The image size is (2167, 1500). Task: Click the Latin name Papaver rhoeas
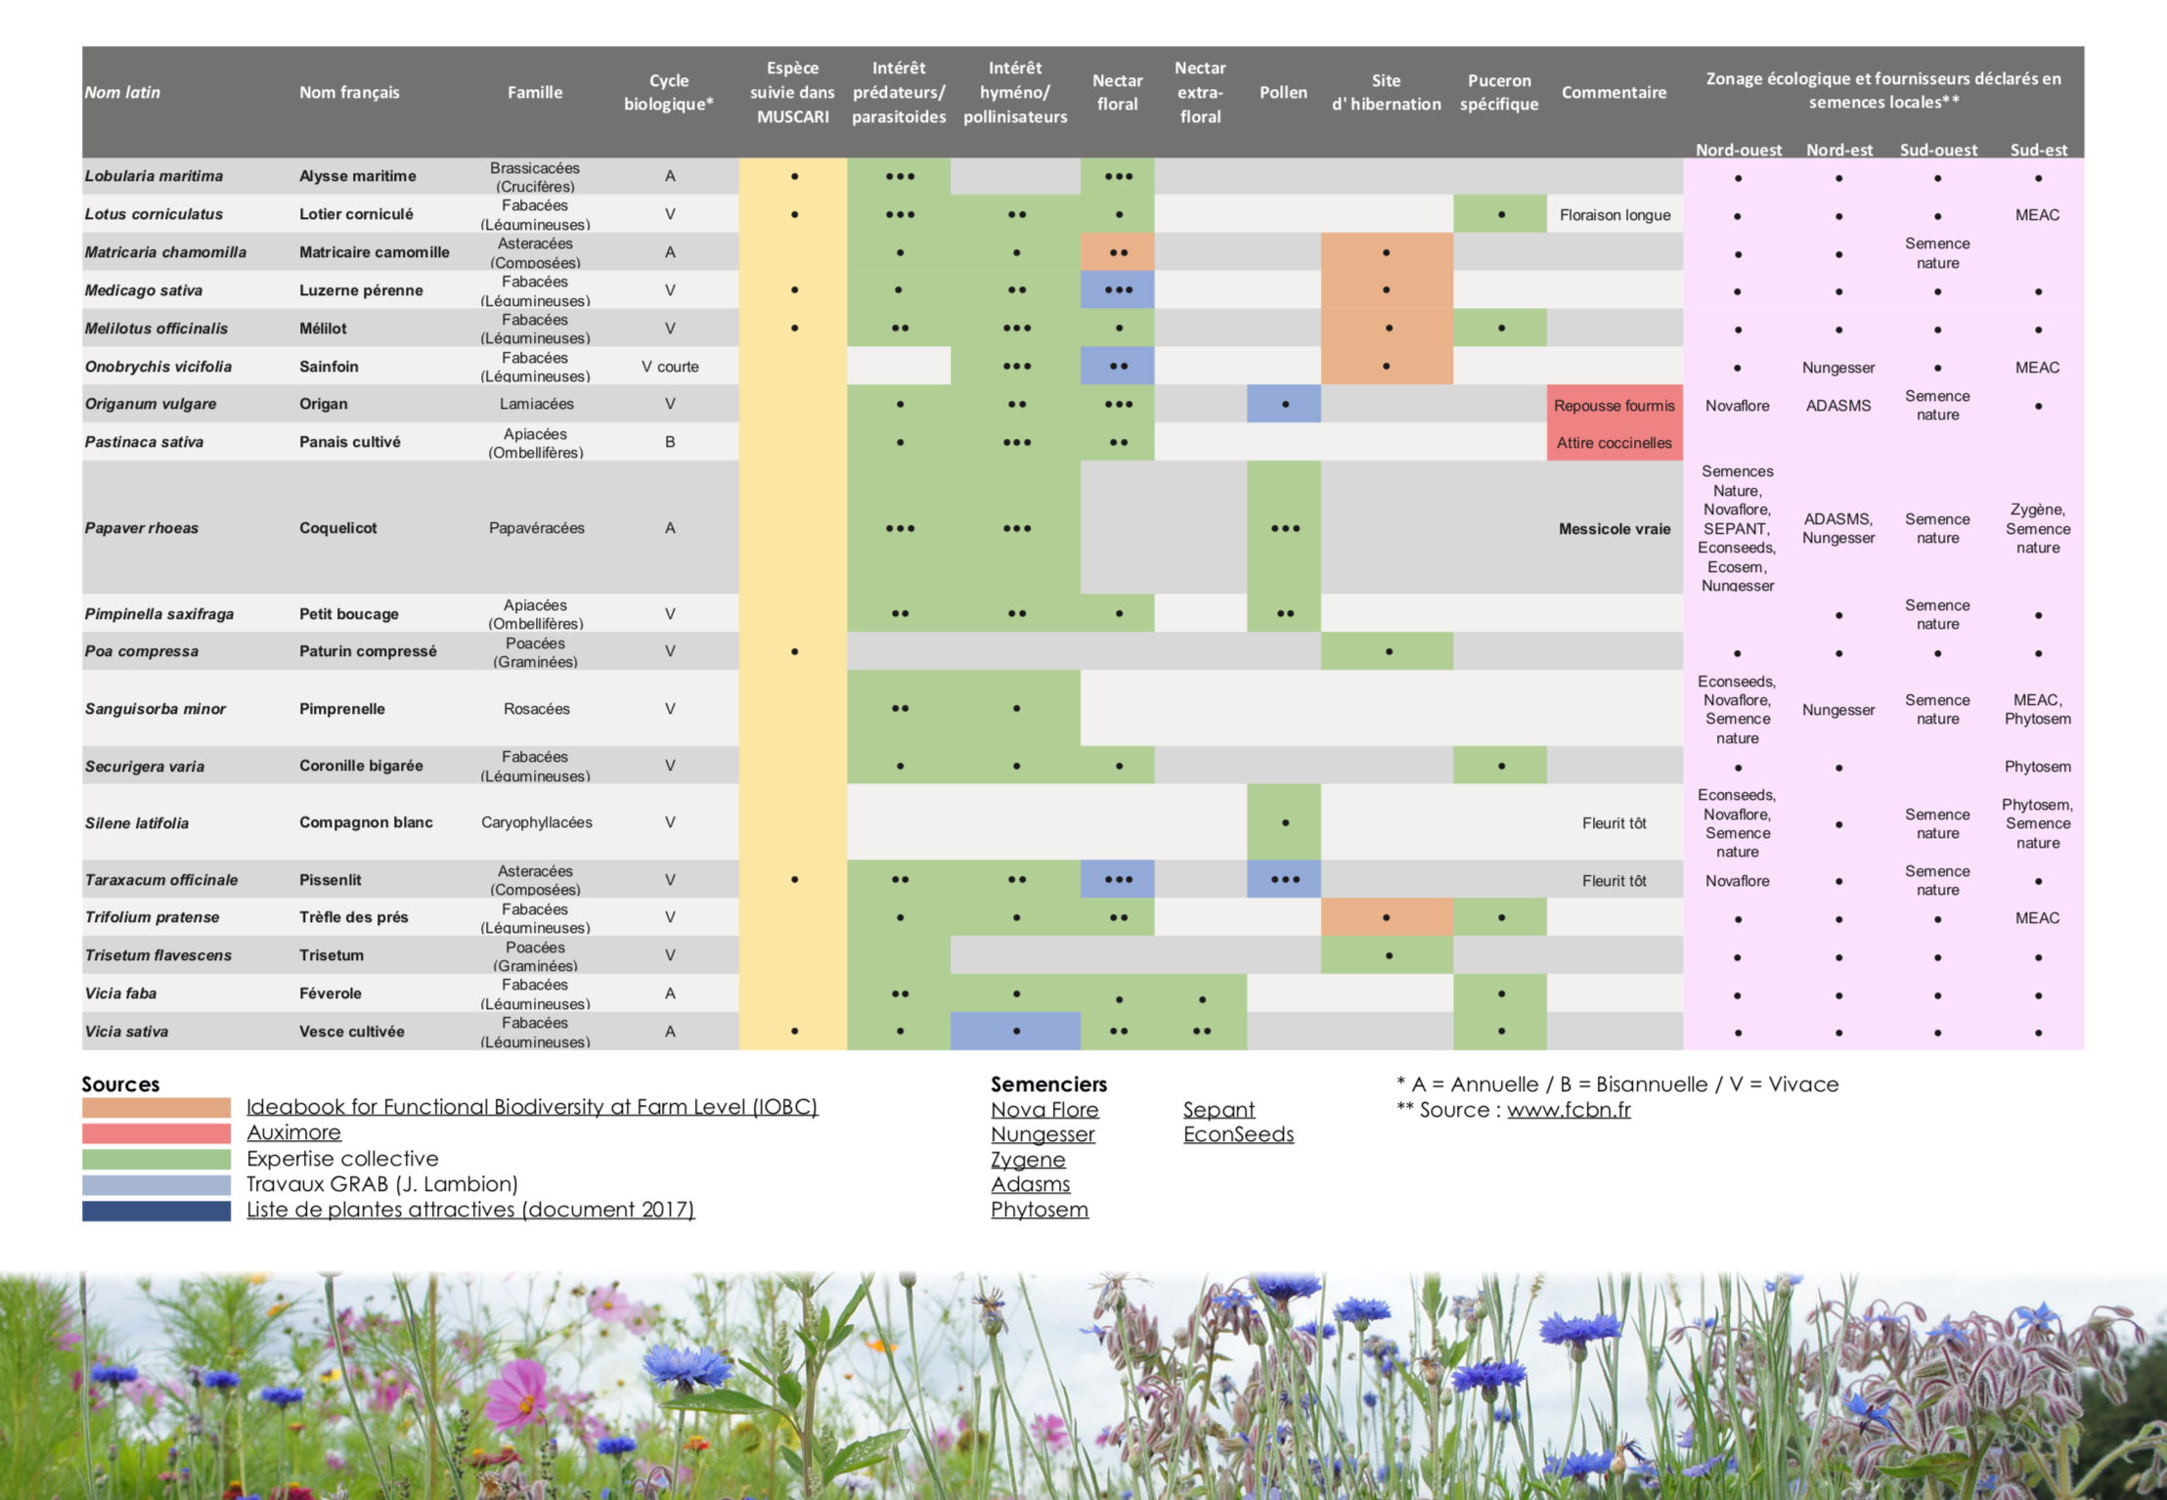coord(142,528)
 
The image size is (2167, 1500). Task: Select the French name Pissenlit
coord(331,880)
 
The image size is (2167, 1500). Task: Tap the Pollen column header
coord(1283,92)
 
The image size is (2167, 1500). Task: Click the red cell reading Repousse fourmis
coord(1614,405)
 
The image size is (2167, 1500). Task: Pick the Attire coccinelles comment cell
coord(1614,443)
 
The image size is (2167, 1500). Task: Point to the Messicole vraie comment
coord(1614,529)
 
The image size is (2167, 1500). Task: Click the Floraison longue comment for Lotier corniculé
coord(1614,215)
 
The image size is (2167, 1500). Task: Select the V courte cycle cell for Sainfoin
coord(670,367)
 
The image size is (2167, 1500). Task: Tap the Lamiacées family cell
coord(536,404)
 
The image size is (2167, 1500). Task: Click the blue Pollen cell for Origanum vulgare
coord(1284,404)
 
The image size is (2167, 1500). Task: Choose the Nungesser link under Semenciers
coord(1042,1134)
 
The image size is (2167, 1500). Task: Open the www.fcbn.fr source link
coord(1569,1110)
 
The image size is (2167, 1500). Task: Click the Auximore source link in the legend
coord(293,1132)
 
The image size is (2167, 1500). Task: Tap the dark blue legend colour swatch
coord(156,1211)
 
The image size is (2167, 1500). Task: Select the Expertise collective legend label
coord(342,1159)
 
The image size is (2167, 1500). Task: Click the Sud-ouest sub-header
coord(1938,150)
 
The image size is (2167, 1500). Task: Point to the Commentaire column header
coord(1614,92)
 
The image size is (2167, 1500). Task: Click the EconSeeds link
coord(1238,1134)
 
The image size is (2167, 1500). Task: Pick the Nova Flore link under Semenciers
coord(1044,1110)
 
